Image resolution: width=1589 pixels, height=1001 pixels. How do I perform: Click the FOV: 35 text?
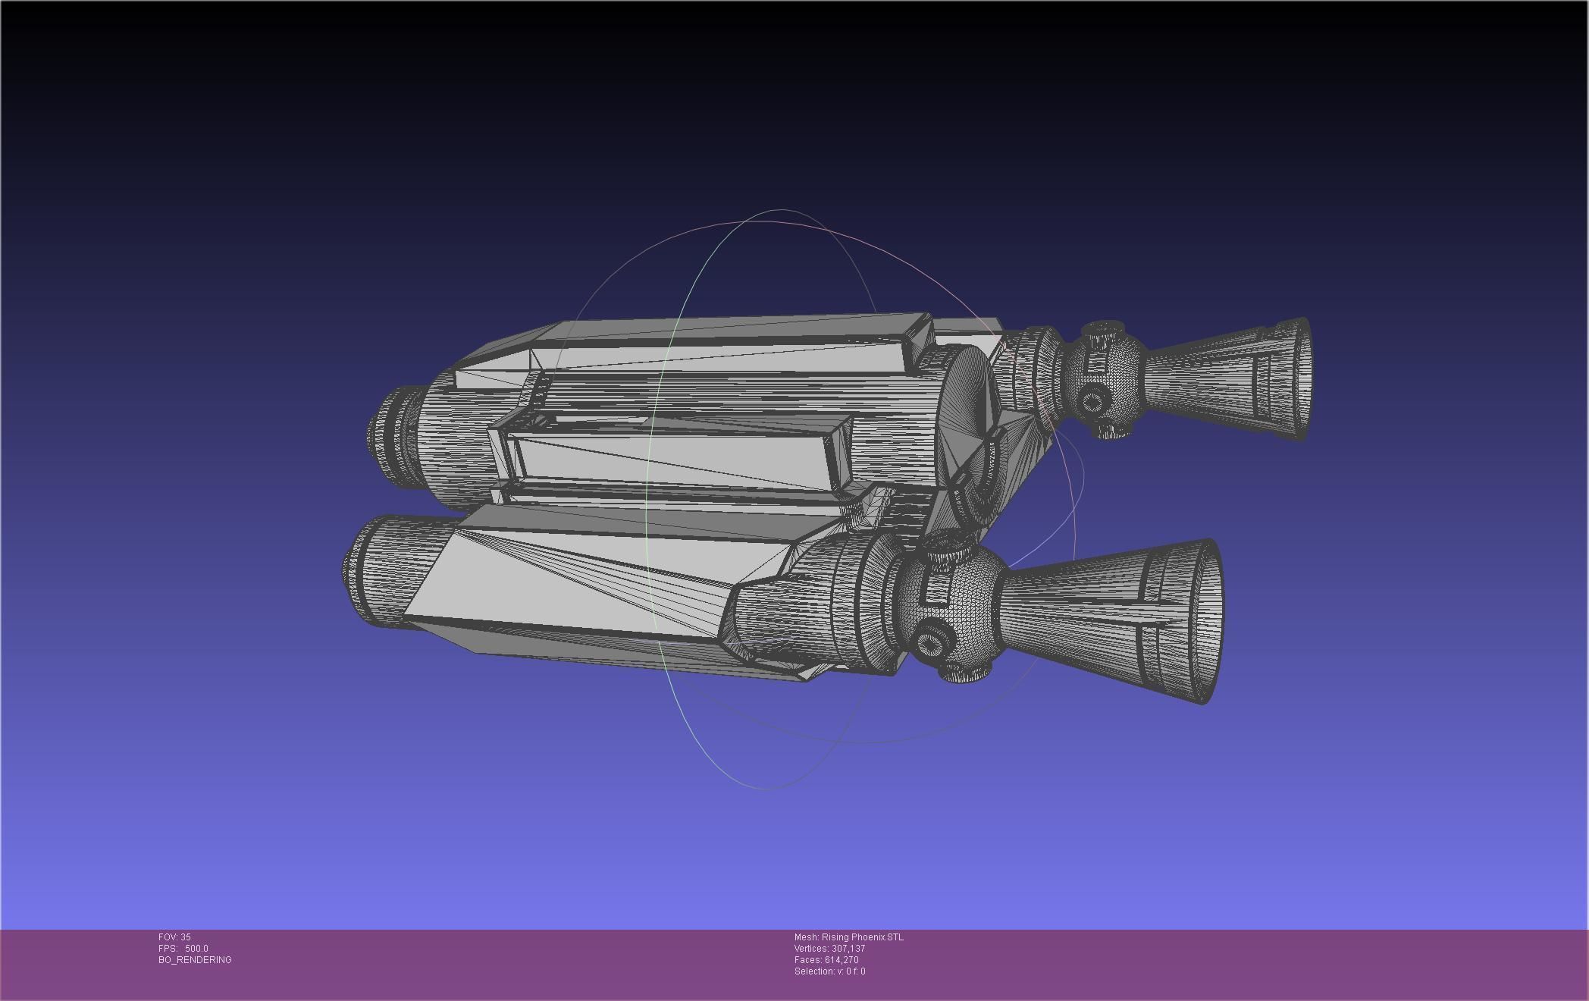point(174,937)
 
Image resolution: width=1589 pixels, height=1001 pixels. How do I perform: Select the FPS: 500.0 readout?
point(183,949)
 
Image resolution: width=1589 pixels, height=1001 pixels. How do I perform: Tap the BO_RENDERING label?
point(195,960)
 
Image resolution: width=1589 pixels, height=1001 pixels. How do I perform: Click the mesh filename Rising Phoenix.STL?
point(848,937)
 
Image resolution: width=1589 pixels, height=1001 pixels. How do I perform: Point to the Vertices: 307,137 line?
point(829,949)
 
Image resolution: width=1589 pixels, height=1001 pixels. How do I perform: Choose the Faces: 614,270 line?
point(826,960)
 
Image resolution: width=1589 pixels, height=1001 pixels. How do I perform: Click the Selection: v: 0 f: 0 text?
point(829,971)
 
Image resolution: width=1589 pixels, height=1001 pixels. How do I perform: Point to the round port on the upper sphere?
point(1093,397)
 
